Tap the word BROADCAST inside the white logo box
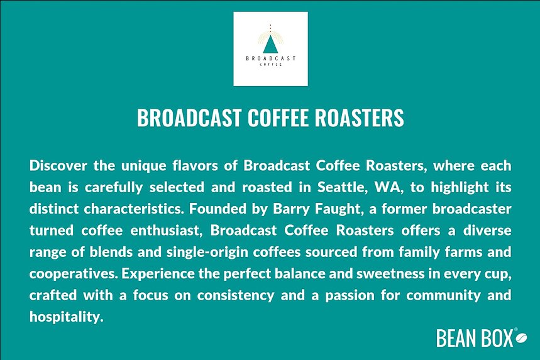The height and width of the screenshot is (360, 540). tap(270, 58)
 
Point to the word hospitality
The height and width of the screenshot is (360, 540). tap(65, 318)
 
